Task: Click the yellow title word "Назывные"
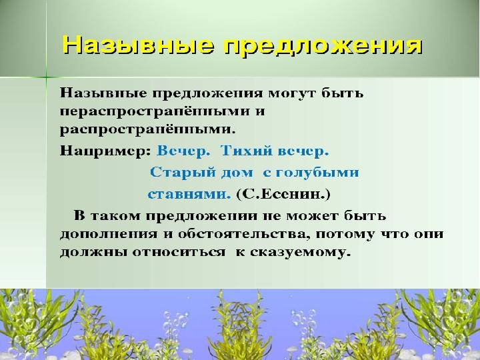coord(138,45)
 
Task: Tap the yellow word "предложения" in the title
coord(323,47)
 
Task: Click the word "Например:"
coord(105,151)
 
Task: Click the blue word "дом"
coord(237,173)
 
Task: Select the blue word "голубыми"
coord(317,173)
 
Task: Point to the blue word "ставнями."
coord(189,194)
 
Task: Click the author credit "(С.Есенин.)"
coord(283,194)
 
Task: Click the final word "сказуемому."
coord(300,253)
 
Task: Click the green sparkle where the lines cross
coord(47,77)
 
